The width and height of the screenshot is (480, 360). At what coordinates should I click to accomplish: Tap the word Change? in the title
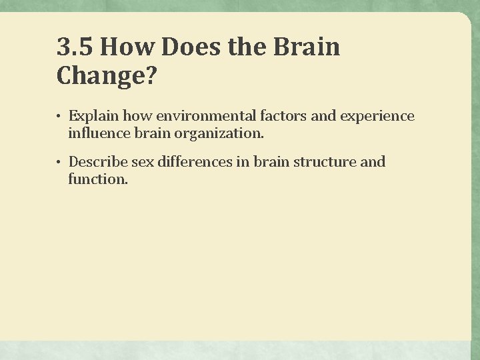click(107, 76)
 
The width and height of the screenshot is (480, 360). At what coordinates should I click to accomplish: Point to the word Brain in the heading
click(309, 47)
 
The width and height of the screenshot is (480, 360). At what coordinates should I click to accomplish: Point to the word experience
click(377, 117)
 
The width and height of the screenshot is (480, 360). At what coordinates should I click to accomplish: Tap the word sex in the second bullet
click(143, 162)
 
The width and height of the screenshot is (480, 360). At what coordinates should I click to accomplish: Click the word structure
click(325, 162)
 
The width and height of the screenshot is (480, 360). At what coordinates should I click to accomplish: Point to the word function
click(97, 179)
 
